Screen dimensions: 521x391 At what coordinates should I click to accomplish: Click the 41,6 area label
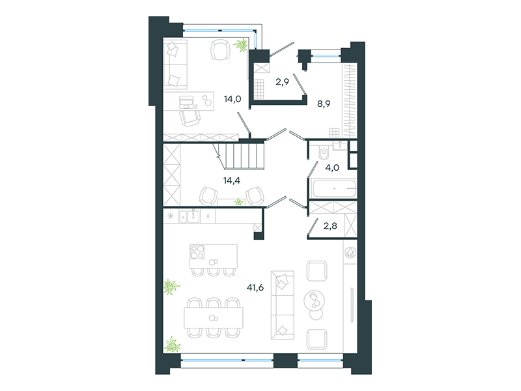[255, 287]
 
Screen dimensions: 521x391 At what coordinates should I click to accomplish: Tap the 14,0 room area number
[232, 99]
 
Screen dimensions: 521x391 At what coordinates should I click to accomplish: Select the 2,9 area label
[282, 82]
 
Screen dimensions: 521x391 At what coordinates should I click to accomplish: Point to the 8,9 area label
[324, 104]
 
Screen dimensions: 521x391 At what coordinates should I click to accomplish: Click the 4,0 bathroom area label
[332, 167]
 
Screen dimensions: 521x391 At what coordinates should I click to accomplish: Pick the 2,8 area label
[330, 226]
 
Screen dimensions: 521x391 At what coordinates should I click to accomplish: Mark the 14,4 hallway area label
[232, 181]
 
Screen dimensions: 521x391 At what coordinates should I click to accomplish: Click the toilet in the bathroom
[323, 152]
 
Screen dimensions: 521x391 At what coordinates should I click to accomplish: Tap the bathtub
[334, 188]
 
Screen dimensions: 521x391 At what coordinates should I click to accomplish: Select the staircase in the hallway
[242, 156]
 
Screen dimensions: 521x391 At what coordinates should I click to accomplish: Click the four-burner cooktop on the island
[197, 252]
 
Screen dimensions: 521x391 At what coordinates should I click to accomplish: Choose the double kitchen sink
[189, 216]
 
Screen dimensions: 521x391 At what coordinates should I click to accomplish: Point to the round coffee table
[315, 300]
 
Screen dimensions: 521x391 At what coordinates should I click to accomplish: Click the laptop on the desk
[186, 102]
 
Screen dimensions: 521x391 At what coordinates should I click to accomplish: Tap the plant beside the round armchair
[240, 45]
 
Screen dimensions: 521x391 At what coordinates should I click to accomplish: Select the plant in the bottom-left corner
[173, 345]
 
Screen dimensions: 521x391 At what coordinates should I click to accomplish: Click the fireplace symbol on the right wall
[350, 253]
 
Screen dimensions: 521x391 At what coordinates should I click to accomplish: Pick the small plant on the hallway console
[239, 202]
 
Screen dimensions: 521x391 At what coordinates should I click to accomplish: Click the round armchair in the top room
[220, 50]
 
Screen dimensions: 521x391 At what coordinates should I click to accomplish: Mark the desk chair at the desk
[190, 118]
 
